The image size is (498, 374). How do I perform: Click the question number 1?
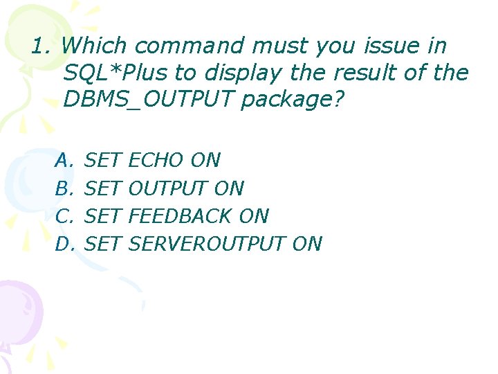point(39,46)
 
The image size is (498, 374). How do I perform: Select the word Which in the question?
point(95,46)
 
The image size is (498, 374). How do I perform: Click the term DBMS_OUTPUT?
point(148,99)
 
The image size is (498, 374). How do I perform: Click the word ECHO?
point(156,161)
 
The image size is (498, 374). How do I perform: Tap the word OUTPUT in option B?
point(168,188)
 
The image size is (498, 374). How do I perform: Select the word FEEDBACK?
point(181,216)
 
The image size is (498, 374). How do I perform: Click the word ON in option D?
point(307,244)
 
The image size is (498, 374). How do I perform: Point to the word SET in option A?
point(103,161)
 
